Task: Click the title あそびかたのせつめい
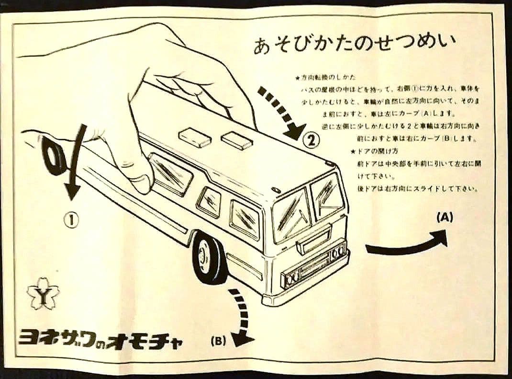coord(355,46)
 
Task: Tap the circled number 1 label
coord(71,220)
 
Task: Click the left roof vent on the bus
coord(195,138)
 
